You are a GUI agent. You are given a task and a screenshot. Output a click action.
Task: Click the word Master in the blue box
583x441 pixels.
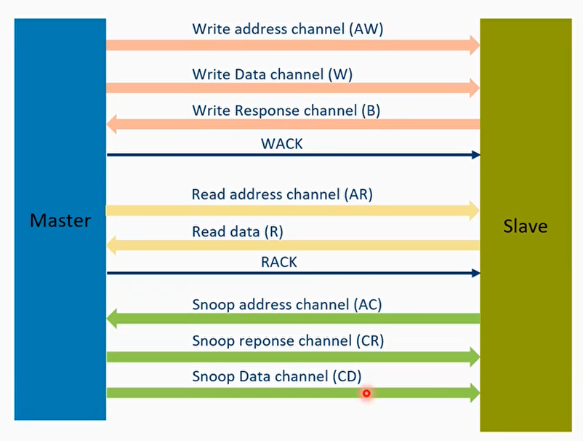(60, 220)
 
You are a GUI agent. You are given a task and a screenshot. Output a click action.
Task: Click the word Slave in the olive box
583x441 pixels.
(525, 226)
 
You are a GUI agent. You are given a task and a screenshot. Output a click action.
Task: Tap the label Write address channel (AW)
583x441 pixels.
(287, 29)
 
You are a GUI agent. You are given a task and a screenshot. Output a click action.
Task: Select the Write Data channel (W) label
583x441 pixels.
(273, 73)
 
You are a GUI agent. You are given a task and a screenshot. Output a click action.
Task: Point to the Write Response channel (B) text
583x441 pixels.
(286, 111)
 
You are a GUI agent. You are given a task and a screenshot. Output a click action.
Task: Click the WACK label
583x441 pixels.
(281, 143)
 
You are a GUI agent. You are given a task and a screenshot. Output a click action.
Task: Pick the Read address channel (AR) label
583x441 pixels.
(282, 194)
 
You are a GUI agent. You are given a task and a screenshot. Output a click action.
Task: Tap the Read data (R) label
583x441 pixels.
(237, 232)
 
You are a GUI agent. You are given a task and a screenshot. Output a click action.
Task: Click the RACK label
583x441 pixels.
(278, 262)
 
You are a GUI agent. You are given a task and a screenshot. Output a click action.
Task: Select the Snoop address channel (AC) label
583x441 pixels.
(286, 303)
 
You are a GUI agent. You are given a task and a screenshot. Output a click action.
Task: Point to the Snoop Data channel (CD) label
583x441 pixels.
(277, 376)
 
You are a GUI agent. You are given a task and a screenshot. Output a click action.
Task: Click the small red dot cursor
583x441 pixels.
(366, 393)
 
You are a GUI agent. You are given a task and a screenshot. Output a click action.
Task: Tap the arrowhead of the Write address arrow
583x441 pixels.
(474, 45)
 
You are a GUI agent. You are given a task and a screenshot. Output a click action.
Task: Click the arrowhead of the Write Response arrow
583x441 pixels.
(113, 124)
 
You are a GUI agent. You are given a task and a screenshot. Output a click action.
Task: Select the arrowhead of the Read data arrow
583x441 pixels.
(113, 246)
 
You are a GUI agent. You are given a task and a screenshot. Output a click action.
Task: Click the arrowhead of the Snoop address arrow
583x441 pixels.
(113, 318)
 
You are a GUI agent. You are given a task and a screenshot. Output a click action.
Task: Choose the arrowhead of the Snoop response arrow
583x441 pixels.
(474, 357)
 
